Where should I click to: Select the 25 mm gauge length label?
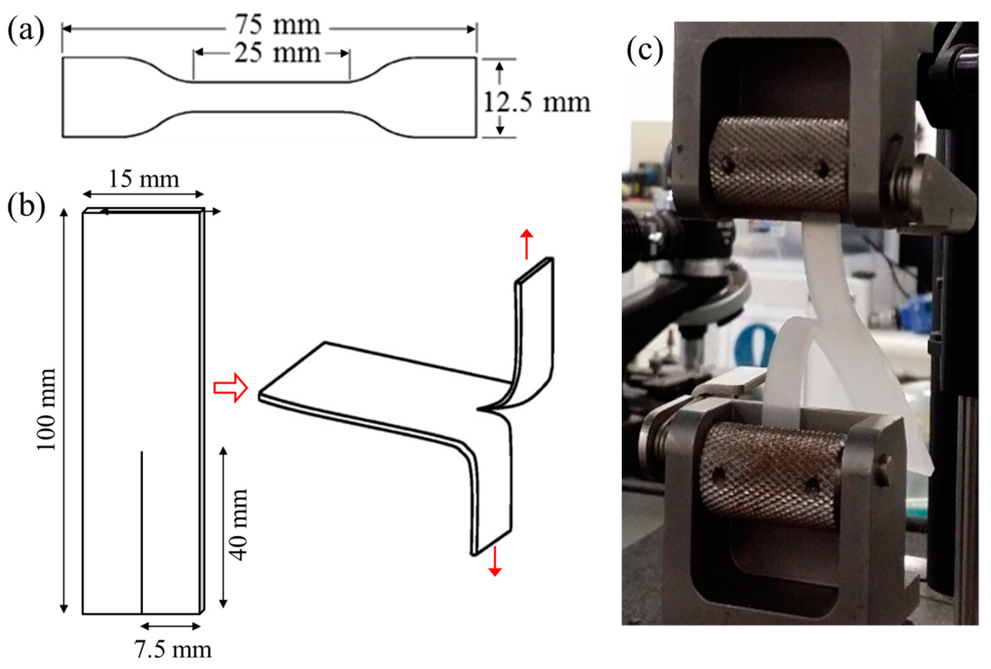click(277, 54)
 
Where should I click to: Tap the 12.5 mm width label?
click(536, 103)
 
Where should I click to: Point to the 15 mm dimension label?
click(144, 179)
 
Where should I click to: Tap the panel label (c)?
click(645, 50)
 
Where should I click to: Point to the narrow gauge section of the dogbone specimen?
click(271, 97)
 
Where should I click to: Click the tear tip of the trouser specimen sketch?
click(479, 410)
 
